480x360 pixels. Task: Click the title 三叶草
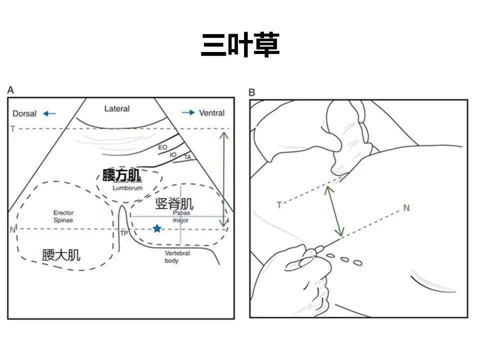click(240, 45)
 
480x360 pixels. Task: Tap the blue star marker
click(157, 228)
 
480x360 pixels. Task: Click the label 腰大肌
click(61, 255)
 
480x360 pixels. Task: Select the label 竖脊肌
click(174, 203)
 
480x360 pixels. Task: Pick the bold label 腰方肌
click(121, 175)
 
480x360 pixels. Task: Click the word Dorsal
click(24, 113)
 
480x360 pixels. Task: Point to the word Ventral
click(211, 113)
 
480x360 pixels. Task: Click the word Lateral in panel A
click(116, 108)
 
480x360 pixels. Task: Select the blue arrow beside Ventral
click(188, 113)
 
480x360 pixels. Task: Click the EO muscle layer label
click(162, 147)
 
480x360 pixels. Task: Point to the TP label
click(124, 233)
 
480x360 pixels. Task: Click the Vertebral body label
click(177, 257)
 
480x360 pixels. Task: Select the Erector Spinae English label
click(63, 216)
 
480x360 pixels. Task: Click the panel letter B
click(251, 92)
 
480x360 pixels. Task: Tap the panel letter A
click(11, 90)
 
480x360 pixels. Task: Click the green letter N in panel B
click(406, 207)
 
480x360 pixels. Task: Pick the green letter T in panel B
click(279, 204)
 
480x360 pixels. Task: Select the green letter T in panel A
click(12, 129)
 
